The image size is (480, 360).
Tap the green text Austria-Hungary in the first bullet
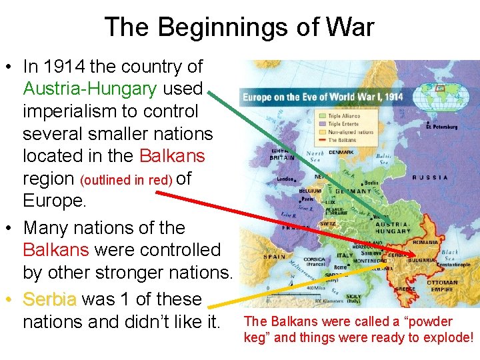[90, 89]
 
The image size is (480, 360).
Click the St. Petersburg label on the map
[443, 126]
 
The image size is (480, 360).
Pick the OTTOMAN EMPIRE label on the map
[442, 286]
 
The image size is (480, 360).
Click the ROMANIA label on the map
[425, 243]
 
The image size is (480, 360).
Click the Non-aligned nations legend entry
[350, 131]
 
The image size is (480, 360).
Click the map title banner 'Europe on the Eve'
[323, 97]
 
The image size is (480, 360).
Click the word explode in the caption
[448, 337]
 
